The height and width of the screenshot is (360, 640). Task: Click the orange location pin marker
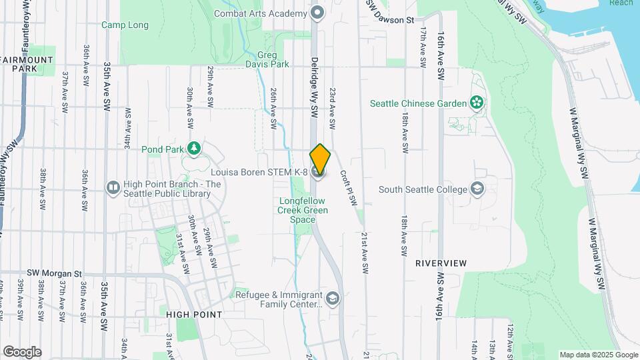[x=321, y=159]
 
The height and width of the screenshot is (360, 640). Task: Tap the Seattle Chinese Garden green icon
[x=477, y=103]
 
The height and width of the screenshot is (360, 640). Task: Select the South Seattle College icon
[x=477, y=189]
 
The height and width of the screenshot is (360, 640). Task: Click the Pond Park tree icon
[x=193, y=148]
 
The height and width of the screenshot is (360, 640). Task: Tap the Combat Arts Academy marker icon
[x=318, y=12]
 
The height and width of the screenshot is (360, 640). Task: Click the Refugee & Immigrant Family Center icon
[x=333, y=299]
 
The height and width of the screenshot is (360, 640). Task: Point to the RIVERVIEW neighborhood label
[x=441, y=263]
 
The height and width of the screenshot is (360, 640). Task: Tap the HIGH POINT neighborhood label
[x=194, y=314]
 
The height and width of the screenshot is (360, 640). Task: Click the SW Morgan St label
[x=54, y=273]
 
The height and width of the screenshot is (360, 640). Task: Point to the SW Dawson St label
[x=397, y=20]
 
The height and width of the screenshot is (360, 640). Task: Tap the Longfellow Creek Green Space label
[x=303, y=210]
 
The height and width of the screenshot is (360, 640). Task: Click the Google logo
[x=22, y=352]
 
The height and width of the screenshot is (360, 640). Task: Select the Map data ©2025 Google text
[x=599, y=355]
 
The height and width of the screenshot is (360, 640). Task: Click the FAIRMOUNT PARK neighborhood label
[x=27, y=64]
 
